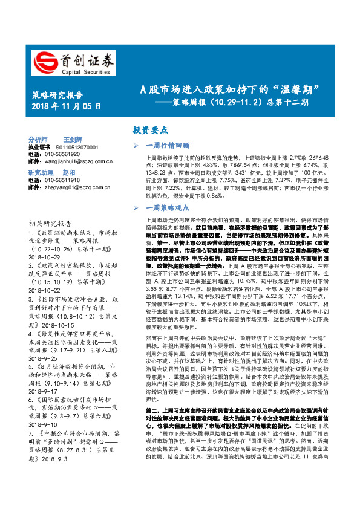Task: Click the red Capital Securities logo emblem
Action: point(44,61)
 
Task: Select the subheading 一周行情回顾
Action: point(169,146)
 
